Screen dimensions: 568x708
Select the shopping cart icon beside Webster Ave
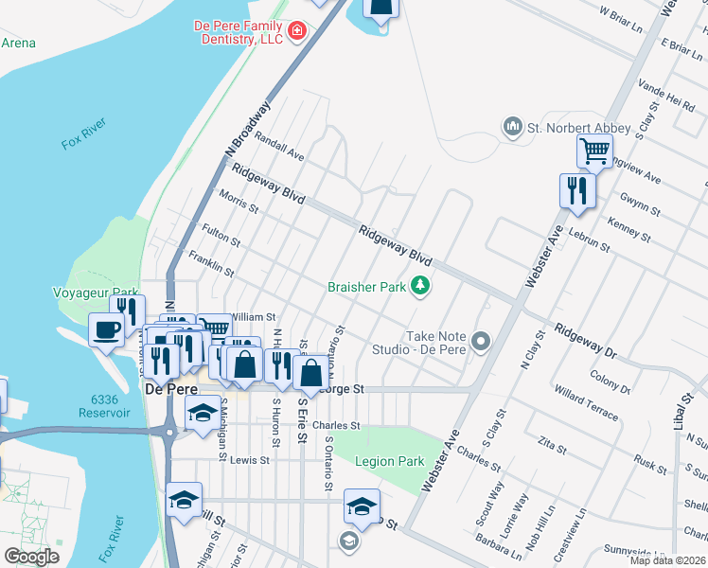[x=594, y=150]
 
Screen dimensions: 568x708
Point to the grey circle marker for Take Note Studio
[x=482, y=341]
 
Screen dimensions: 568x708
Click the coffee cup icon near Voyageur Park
[x=106, y=329]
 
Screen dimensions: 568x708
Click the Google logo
[x=32, y=557]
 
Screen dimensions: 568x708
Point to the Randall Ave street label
[x=279, y=147]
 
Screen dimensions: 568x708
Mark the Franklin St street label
[x=210, y=263]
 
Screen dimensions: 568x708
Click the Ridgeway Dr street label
[x=585, y=342]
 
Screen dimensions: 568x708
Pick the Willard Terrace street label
[x=587, y=402]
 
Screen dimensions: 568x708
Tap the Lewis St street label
[x=250, y=460]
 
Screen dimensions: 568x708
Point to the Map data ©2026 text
[x=668, y=560]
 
